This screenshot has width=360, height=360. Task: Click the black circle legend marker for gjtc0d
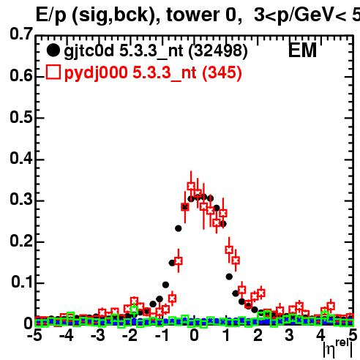53,50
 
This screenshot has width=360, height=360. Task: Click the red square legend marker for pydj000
53,72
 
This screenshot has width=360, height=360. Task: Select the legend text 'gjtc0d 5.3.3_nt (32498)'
156,51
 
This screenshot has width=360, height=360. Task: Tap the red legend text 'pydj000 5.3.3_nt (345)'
153,73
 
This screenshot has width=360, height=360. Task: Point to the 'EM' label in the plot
302,50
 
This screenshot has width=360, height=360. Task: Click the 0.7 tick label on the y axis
20,34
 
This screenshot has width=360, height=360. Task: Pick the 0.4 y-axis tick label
20,158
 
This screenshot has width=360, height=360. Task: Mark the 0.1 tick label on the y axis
21,282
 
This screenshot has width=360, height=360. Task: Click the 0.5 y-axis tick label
20,117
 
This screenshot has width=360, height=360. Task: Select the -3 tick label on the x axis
98,335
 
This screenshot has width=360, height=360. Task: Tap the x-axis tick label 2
258,335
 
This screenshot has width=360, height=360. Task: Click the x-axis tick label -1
162,335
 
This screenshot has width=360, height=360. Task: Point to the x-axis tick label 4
321,335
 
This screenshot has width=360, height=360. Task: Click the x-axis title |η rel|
338,348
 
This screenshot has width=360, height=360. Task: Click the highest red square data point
191,186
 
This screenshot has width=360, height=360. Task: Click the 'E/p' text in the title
51,16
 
